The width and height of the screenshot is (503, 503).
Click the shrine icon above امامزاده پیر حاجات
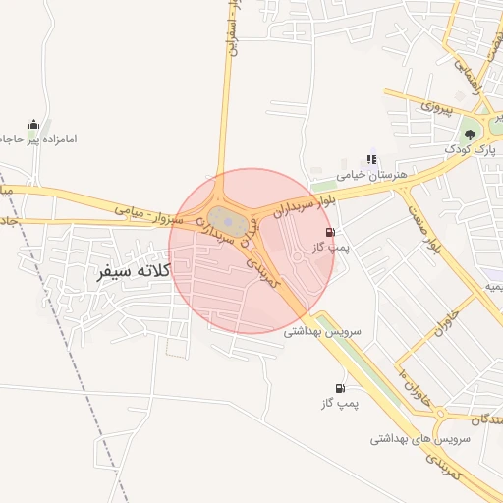(x=34, y=124)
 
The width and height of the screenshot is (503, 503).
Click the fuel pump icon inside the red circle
(x=328, y=233)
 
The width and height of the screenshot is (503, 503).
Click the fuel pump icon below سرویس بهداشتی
(x=340, y=388)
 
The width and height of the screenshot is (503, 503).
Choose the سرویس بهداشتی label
(x=322, y=332)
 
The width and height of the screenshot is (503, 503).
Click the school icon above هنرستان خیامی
(x=370, y=159)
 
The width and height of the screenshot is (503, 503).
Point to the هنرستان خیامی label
(x=371, y=175)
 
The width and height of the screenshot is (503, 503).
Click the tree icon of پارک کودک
(x=470, y=134)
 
